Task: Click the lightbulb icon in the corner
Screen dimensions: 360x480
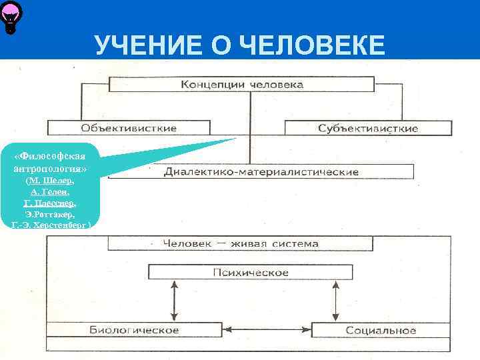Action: point(11,16)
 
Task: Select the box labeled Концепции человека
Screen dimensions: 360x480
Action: point(241,85)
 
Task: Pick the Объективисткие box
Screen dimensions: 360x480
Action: point(129,127)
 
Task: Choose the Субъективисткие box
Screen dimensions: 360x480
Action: point(367,127)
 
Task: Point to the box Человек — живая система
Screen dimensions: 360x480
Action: point(241,243)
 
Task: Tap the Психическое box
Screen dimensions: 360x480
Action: point(250,272)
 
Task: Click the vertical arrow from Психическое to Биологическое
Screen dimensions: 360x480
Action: point(174,301)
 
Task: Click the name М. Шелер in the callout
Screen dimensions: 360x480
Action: point(50,181)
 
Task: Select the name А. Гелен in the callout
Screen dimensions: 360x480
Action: point(50,192)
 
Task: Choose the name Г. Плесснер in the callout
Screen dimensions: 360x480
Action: point(50,203)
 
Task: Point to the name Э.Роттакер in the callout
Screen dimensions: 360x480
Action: point(50,215)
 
